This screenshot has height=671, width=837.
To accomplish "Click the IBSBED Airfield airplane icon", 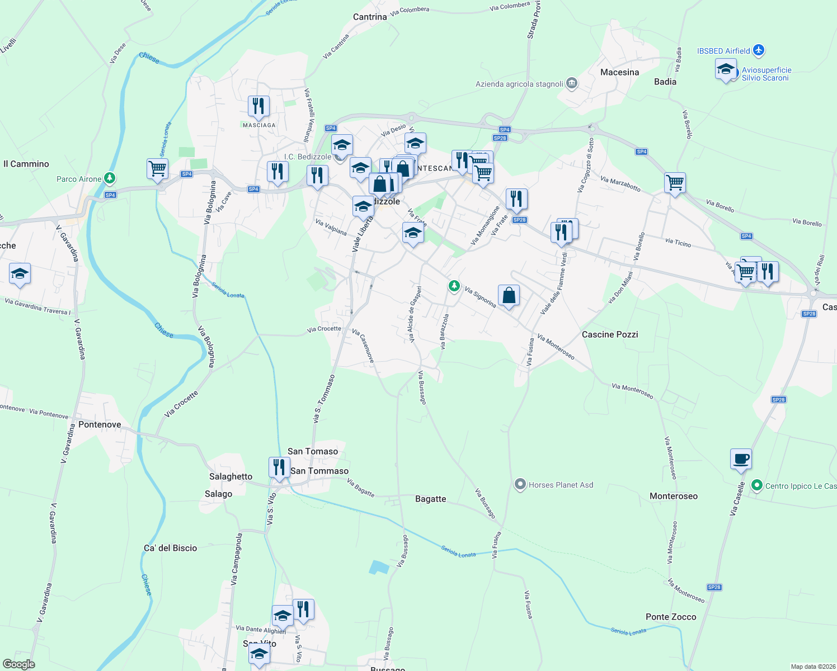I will tap(759, 51).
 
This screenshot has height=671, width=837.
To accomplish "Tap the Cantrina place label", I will tap(370, 17).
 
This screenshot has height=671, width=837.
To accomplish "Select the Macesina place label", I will tap(619, 72).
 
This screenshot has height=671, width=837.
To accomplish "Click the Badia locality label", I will tap(665, 82).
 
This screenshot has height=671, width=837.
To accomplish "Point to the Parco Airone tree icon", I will tap(110, 178).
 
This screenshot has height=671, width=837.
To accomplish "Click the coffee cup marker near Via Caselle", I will tap(741, 459).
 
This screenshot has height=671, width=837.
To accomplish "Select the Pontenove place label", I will tap(100, 424).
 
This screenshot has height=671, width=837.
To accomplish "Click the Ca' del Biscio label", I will tap(171, 548).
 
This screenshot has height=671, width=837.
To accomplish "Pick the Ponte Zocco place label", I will tap(671, 617).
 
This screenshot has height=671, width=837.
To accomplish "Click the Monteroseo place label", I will tap(674, 496).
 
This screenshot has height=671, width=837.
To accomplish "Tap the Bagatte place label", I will tap(431, 499).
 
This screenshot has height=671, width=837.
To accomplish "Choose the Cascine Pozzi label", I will tap(610, 334).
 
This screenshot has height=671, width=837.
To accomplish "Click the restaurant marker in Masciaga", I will tap(258, 106).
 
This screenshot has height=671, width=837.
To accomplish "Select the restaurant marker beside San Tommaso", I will tap(279, 467).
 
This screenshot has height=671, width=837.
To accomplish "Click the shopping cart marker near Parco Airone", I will tap(158, 168).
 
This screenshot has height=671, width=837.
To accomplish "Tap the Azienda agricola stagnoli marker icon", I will tap(572, 84).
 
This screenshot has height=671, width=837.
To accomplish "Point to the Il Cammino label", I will tap(26, 164).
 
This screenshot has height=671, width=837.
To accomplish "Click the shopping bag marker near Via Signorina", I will tap(509, 295).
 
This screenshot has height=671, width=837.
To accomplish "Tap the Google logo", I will tap(19, 664).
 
